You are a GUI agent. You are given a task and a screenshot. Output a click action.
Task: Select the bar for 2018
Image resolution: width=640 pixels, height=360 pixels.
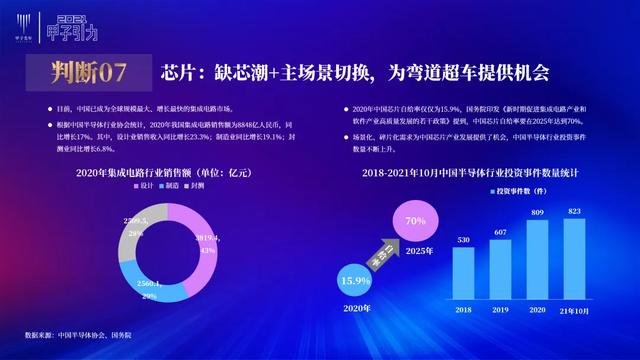pyautogui.click(x=462, y=279)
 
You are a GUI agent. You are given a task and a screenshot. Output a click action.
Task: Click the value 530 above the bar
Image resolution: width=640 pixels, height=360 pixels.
pyautogui.click(x=462, y=241)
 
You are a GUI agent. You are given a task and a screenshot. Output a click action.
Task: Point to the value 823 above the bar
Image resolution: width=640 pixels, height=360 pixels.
pyautogui.click(x=575, y=212)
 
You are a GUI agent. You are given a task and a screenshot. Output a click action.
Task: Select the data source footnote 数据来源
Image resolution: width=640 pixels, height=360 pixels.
pyautogui.click(x=91, y=334)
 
